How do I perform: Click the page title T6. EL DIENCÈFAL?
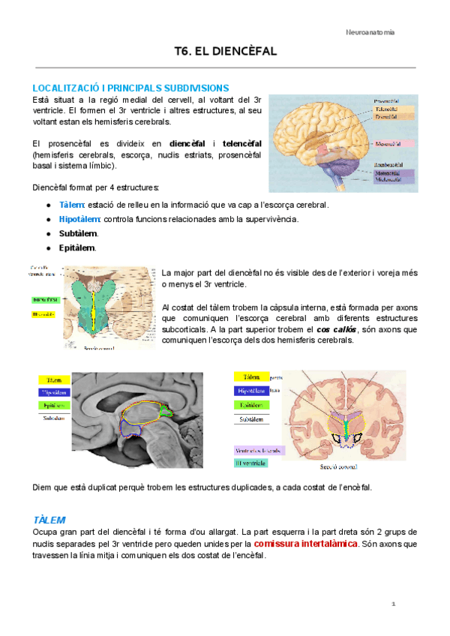point(225,51)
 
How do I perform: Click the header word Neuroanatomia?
point(370,33)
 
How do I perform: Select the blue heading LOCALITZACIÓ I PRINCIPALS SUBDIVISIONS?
point(131,88)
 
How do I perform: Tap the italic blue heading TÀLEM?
point(49,520)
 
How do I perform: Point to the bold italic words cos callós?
point(336,329)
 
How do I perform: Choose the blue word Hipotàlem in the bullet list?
point(79,219)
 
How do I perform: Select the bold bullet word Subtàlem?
point(78,233)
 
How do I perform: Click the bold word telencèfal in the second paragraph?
point(241,143)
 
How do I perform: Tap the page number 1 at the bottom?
point(392,604)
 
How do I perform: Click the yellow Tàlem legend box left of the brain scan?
point(54,379)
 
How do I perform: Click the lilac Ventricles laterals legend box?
point(257,450)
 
